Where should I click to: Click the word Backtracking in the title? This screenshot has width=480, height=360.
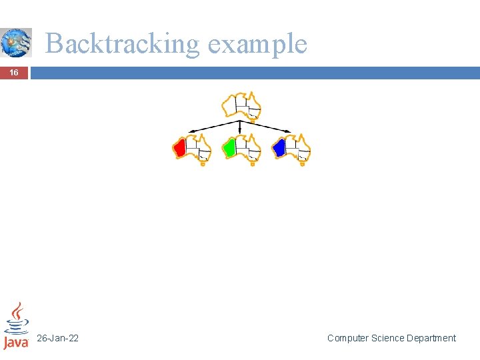(122, 44)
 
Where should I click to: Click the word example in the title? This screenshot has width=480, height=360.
(257, 44)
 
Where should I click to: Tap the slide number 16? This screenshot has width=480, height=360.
(14, 73)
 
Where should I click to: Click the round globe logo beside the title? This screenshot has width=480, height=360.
(15, 42)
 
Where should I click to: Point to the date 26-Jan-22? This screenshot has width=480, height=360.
(58, 338)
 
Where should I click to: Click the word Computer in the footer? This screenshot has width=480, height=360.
(348, 338)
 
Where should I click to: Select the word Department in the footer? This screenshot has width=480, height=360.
(431, 338)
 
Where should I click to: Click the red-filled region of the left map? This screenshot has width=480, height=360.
(179, 147)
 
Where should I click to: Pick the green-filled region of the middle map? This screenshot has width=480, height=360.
(229, 147)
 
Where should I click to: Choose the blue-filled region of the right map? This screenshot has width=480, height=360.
(279, 147)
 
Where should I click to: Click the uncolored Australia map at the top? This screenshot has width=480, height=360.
(241, 107)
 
